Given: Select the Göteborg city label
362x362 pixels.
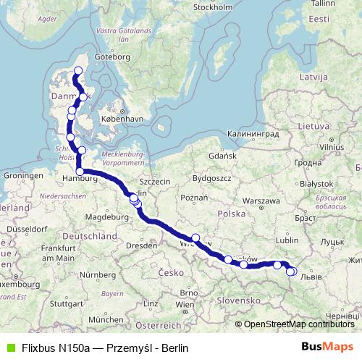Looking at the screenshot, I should pos(112,56).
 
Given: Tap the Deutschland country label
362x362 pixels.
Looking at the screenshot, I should pos(90,237).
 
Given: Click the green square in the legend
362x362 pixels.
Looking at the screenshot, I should pos(9,348).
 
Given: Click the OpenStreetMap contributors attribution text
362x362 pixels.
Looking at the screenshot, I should pos(298,324).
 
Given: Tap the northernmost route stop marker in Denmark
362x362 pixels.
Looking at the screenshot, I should pos(78,70).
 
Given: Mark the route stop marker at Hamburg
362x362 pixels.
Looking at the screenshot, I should pos(79,172).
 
